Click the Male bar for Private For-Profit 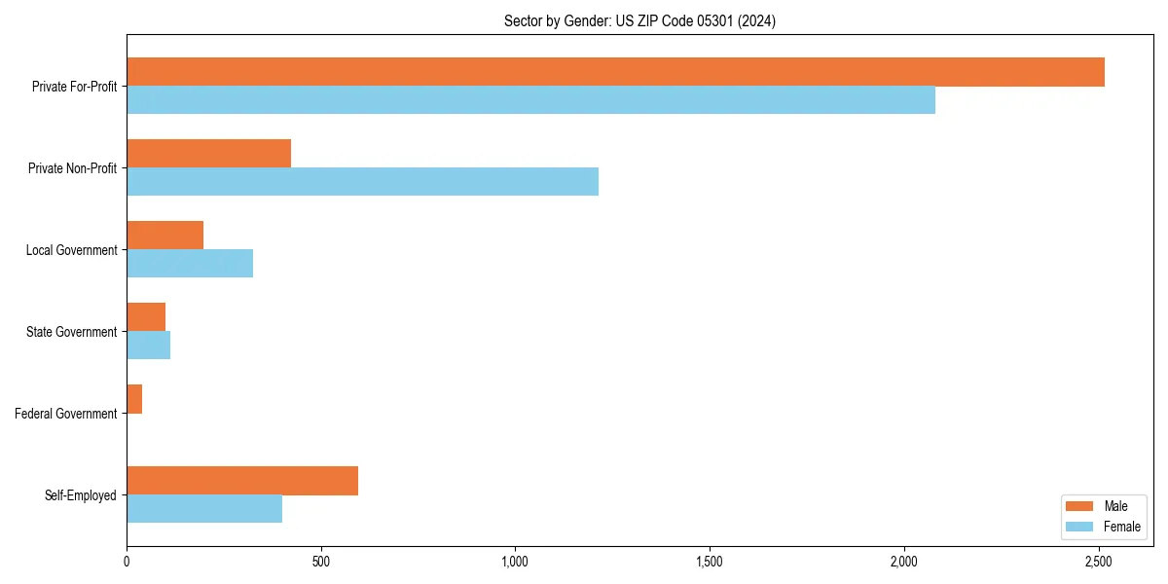(x=615, y=72)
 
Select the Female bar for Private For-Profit (x=530, y=100)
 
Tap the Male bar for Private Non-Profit (x=208, y=154)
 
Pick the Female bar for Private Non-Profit (x=362, y=182)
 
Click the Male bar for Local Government (x=164, y=236)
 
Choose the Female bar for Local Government (x=190, y=264)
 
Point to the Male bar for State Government (x=146, y=317)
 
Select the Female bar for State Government (x=148, y=346)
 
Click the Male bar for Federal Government (x=134, y=399)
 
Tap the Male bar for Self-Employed (x=242, y=481)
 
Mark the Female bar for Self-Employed (x=204, y=509)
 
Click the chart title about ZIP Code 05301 (x=639, y=20)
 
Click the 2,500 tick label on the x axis (x=1099, y=562)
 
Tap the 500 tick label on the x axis (x=320, y=562)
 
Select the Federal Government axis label (x=65, y=414)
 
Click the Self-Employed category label (x=80, y=495)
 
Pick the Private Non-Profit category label (x=72, y=168)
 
